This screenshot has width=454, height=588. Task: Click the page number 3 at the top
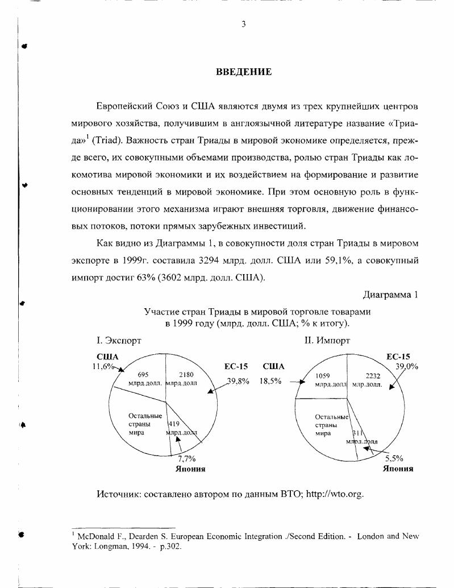[x=243, y=24]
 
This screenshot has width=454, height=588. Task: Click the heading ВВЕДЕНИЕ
[x=244, y=72]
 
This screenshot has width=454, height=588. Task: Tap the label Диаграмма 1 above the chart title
[x=390, y=294]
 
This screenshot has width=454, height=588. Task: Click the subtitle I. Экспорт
[x=119, y=340]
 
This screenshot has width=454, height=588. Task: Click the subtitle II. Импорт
[x=327, y=340]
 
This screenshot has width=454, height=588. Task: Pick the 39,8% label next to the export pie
[x=239, y=381]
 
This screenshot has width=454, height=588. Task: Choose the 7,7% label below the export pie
[x=187, y=458]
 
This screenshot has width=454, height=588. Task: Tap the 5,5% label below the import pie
[x=394, y=458]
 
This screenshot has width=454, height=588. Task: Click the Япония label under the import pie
[x=397, y=469]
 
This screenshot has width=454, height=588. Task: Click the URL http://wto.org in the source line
[x=334, y=494]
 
